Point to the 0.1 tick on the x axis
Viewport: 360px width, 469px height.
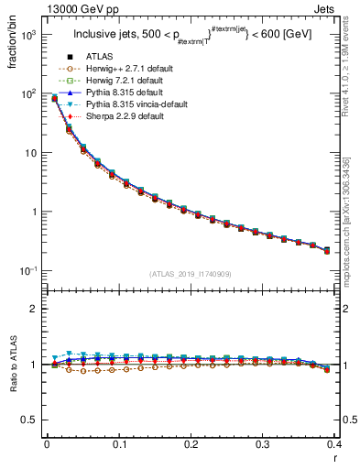(x=119, y=443)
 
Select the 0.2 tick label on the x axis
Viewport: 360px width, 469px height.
(x=191, y=443)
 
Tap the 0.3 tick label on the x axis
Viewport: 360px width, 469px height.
(x=264, y=443)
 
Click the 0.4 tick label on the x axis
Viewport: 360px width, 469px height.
(x=335, y=443)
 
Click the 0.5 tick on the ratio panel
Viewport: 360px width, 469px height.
(x=33, y=420)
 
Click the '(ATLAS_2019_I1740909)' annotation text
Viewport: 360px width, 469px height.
(x=190, y=274)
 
